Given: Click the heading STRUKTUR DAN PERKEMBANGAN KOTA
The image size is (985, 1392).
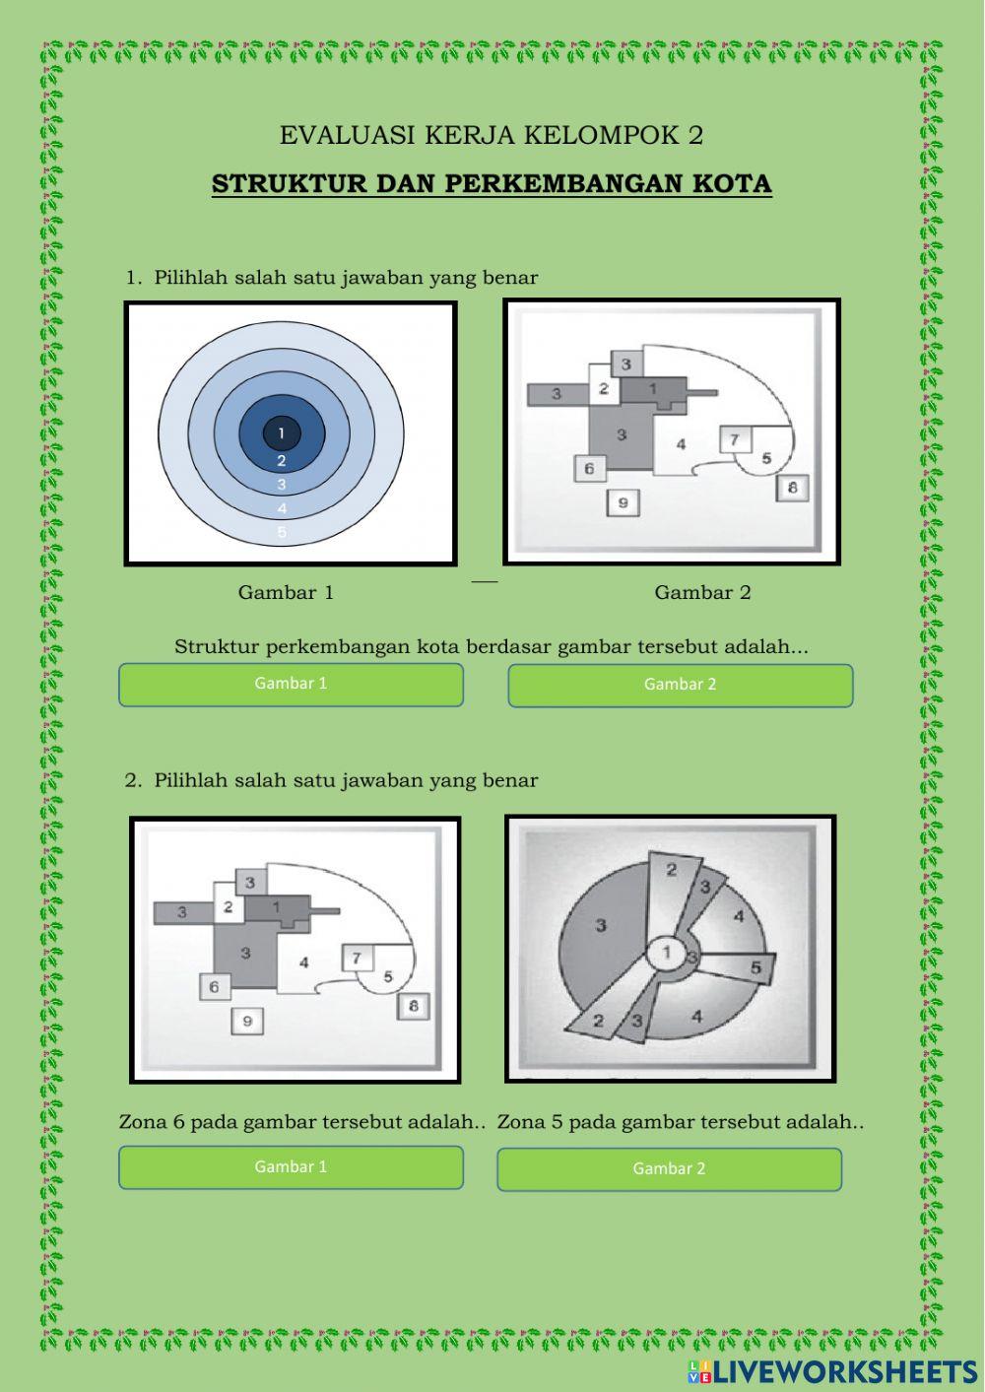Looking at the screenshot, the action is pyautogui.click(x=492, y=184).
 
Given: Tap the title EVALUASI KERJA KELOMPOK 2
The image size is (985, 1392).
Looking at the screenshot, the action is pyautogui.click(x=491, y=136).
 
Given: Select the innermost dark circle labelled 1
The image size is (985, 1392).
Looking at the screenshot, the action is pyautogui.click(x=282, y=432).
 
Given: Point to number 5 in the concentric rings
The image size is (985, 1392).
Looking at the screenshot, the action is pyautogui.click(x=282, y=532).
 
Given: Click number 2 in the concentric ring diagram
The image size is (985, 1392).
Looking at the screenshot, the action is pyautogui.click(x=282, y=460).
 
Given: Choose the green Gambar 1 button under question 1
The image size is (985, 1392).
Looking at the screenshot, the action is pyautogui.click(x=291, y=685).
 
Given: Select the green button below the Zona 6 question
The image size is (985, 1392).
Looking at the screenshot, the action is pyautogui.click(x=291, y=1167).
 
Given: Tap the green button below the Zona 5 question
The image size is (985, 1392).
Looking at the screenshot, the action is pyautogui.click(x=669, y=1169).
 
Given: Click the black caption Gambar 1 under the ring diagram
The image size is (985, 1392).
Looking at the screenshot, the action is pyautogui.click(x=286, y=592).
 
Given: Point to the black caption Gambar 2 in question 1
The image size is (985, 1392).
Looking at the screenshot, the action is pyautogui.click(x=702, y=592).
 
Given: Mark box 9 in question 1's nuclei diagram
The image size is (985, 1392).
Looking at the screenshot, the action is pyautogui.click(x=624, y=502).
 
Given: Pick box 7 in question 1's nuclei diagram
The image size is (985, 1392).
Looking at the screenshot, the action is pyautogui.click(x=735, y=440).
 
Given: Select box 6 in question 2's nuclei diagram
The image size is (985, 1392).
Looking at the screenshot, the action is pyautogui.click(x=215, y=986).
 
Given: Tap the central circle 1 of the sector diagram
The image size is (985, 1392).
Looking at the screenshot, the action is pyautogui.click(x=667, y=952).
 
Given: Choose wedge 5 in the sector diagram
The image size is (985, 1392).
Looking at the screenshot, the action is pyautogui.click(x=738, y=966).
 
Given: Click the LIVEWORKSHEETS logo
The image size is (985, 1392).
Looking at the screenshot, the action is pyautogui.click(x=832, y=1371).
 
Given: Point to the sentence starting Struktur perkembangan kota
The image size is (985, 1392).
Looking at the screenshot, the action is pyautogui.click(x=491, y=647).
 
